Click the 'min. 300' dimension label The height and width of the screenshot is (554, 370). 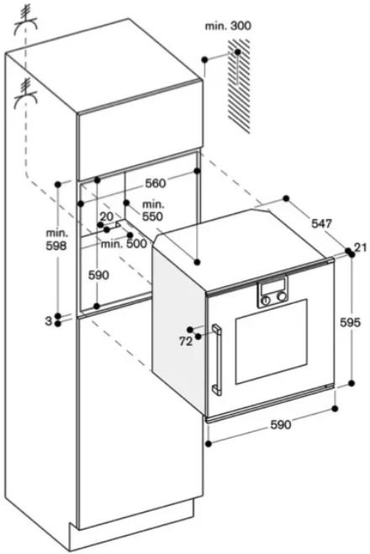(228, 26)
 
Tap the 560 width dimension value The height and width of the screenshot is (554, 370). (156, 184)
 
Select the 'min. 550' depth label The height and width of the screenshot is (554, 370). (153, 210)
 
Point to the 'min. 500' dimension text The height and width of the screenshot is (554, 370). (124, 243)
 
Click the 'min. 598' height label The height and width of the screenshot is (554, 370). (56, 239)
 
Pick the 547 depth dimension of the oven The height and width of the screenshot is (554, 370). (321, 223)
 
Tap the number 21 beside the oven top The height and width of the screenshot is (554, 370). (361, 248)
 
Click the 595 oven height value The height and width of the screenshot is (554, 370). (350, 322)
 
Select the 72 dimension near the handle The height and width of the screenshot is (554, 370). (186, 342)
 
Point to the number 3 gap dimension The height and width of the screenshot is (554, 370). (48, 321)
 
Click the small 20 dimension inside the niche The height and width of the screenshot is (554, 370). (107, 216)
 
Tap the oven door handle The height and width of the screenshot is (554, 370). (216, 360)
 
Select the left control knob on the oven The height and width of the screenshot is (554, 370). (266, 300)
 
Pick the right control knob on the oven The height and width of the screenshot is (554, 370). (282, 296)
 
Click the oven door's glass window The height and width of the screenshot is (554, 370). (272, 342)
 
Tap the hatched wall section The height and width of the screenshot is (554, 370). (239, 86)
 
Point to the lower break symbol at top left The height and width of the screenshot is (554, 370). (25, 93)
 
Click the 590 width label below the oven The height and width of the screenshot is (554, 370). (281, 424)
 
